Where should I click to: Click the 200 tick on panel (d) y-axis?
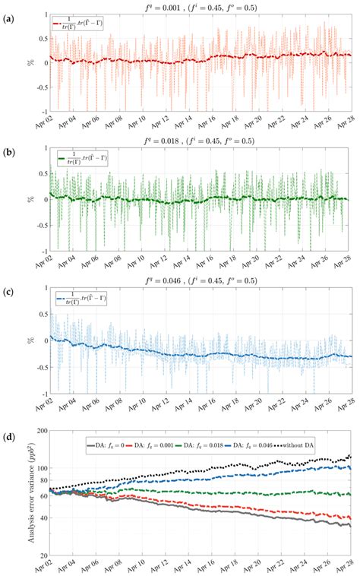point(37,431)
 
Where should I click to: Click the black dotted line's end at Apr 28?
point(350,456)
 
